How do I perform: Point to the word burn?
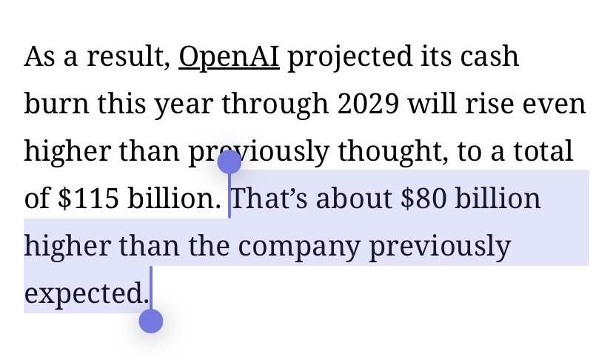54,105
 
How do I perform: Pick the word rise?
506,105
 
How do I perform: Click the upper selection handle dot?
230,161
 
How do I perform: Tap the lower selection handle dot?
151,321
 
